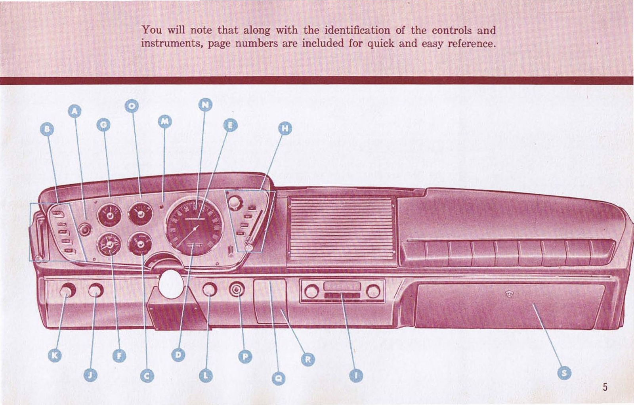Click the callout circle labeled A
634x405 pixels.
pos(74,111)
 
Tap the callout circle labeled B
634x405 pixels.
pos(47,129)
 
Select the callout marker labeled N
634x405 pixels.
pos(205,105)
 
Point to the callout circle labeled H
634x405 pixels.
pos(285,128)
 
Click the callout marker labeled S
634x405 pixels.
pos(564,373)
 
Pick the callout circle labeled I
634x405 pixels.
pos(356,375)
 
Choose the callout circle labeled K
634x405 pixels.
pos(55,355)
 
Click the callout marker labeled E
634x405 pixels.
pos(230,125)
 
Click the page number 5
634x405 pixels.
pos(605,387)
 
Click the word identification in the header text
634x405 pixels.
pos(357,30)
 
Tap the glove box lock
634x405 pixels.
pos(509,294)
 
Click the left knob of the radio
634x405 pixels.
pos(311,291)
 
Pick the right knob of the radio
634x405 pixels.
pos(373,291)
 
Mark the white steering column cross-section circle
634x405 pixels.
pos(171,284)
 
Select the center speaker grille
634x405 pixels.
pos(341,229)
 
